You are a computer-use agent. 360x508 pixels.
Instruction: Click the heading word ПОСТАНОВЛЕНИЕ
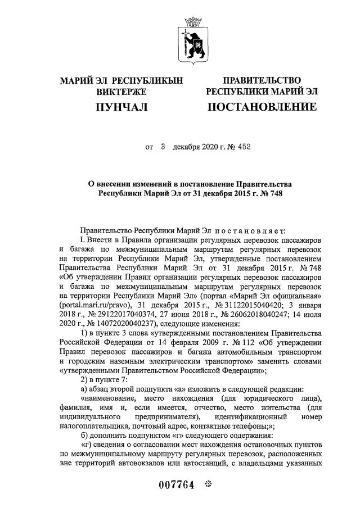coord(262,106)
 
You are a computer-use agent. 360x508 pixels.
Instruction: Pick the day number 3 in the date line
coord(163,147)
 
